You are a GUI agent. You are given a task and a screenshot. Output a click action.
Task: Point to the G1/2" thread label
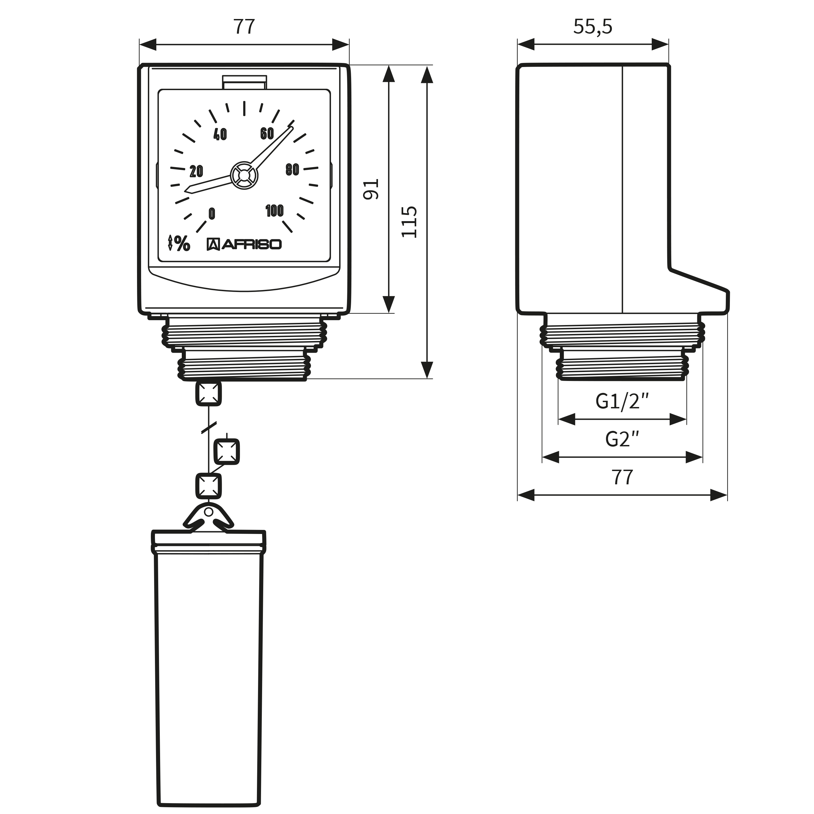coord(622,401)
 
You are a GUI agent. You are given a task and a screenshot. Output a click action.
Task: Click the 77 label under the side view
coord(622,477)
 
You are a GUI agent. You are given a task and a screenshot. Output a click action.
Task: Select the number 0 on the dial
coord(212,214)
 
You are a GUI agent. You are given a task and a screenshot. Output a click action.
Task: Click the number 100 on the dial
coord(274,210)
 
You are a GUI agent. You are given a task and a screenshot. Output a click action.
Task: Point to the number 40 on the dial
coord(220,134)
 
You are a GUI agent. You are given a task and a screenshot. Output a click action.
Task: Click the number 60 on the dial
coord(267,133)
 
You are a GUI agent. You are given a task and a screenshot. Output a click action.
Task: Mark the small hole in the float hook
coord(209,512)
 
